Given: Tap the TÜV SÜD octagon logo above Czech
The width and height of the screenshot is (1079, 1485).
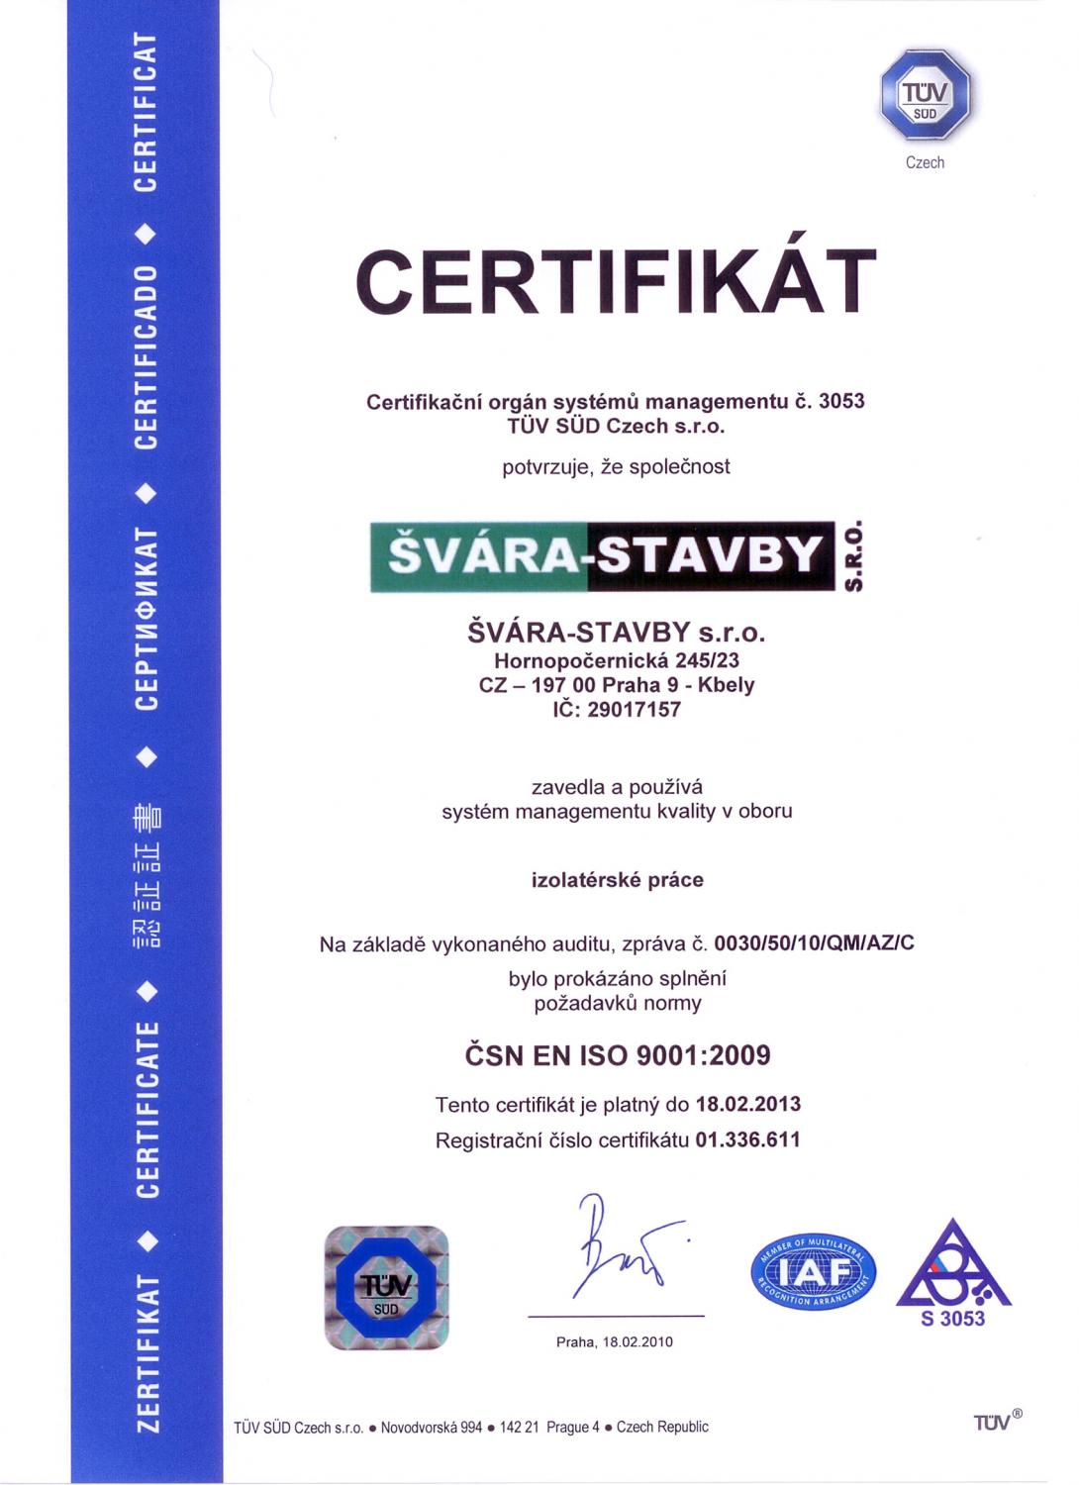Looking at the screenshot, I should [x=925, y=96].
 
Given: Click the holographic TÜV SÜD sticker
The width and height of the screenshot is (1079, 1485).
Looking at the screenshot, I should [x=387, y=1287].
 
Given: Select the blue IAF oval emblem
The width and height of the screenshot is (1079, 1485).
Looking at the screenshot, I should [x=814, y=1271].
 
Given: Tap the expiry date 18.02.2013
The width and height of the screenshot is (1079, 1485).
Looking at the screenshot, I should [x=748, y=1104].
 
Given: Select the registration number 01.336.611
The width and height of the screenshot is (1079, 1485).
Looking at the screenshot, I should [x=747, y=1139].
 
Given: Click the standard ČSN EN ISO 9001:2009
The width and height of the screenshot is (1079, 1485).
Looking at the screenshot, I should [x=617, y=1055].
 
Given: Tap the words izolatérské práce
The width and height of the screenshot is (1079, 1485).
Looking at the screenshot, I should [x=617, y=879].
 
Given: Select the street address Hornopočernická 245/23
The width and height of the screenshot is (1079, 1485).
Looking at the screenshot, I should [x=617, y=659].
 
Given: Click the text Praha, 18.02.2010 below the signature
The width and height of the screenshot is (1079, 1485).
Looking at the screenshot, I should [x=615, y=1341].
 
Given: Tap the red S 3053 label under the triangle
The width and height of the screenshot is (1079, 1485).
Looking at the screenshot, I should [x=952, y=1319].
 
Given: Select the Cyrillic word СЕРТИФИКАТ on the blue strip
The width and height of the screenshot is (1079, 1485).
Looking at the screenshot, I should [x=147, y=620].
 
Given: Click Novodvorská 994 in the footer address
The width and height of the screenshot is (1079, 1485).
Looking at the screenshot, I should [x=432, y=1427].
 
